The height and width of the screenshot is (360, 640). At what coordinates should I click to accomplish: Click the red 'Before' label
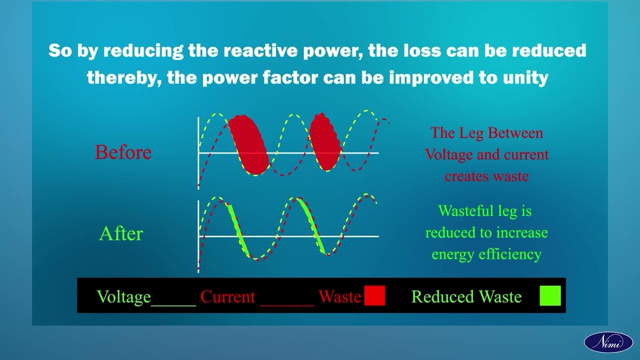(x=123, y=152)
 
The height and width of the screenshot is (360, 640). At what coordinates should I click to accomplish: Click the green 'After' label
(x=121, y=233)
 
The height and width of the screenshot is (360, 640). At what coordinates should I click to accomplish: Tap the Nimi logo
(x=608, y=342)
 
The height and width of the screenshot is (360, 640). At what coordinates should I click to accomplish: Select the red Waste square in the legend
(x=374, y=296)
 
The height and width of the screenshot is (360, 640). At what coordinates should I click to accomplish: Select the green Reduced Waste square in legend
(x=550, y=295)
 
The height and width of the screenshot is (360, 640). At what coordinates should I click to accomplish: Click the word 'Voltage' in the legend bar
(x=123, y=297)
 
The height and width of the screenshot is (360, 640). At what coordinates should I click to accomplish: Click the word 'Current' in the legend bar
(x=227, y=297)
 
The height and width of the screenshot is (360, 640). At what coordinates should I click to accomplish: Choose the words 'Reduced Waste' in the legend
(x=466, y=297)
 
